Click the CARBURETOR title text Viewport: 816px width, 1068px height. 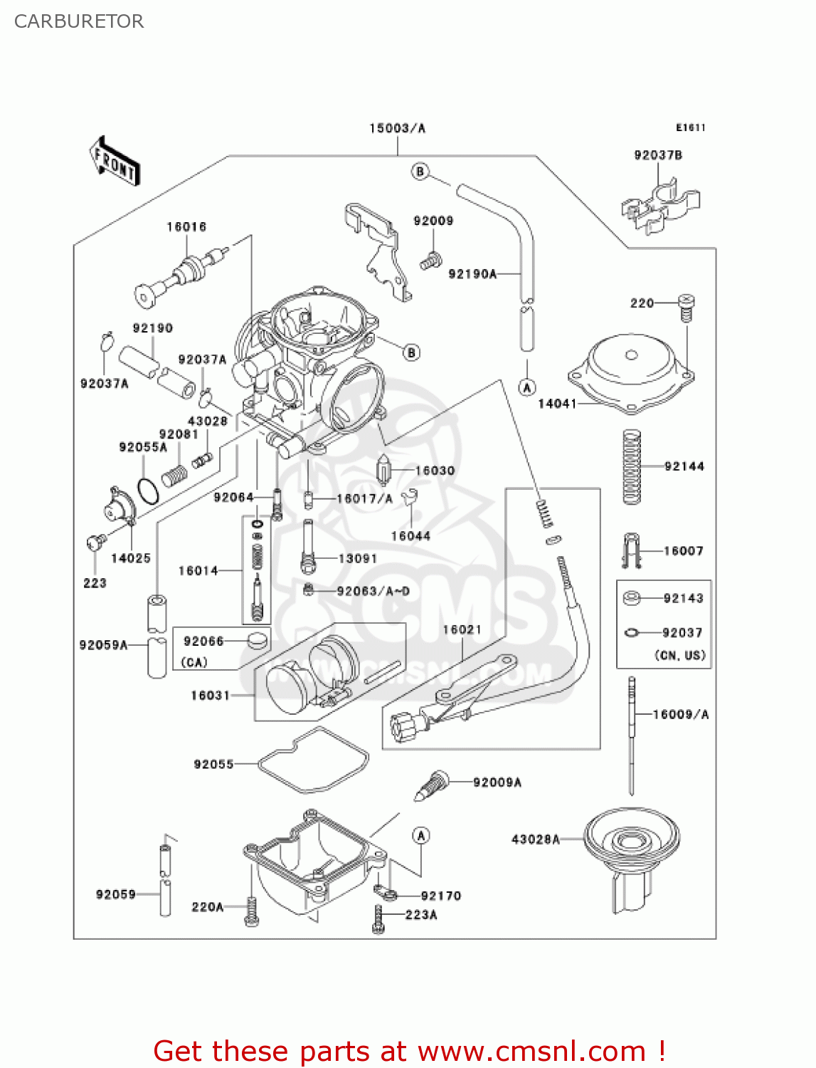coord(79,21)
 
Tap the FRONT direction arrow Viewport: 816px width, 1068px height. coord(115,162)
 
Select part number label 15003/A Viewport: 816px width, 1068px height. coord(397,128)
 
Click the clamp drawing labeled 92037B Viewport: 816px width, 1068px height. coord(660,206)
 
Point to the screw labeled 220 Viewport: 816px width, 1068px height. coord(686,307)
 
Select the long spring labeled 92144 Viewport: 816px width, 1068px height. coord(631,467)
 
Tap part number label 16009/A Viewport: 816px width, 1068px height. coord(681,714)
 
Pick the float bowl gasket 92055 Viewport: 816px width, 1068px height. coord(313,760)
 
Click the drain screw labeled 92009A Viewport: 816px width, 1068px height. coord(433,785)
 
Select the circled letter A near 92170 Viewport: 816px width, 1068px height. coord(421,835)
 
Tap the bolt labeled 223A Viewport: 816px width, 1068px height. coord(378,918)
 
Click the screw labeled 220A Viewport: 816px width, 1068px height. coord(251,911)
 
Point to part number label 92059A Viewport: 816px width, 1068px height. coord(103,645)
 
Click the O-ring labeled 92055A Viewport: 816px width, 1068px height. coord(148,491)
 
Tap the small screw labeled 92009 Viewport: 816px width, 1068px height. coord(430,261)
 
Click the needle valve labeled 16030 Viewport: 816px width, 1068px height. coord(384,470)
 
